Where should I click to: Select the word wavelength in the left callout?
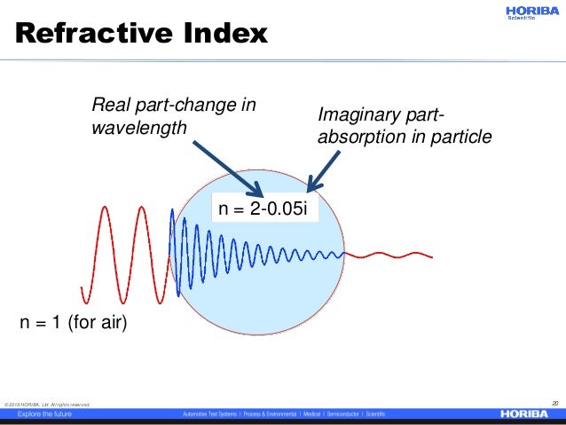[139, 128]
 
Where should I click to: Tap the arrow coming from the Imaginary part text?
[325, 169]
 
